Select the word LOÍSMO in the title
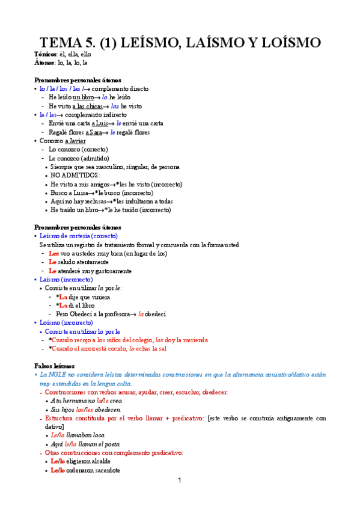282,43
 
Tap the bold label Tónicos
46,54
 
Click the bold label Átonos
44,62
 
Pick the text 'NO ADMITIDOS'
75,176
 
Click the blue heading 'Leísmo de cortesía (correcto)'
79,236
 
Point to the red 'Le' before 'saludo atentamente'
52,262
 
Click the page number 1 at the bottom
179,481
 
